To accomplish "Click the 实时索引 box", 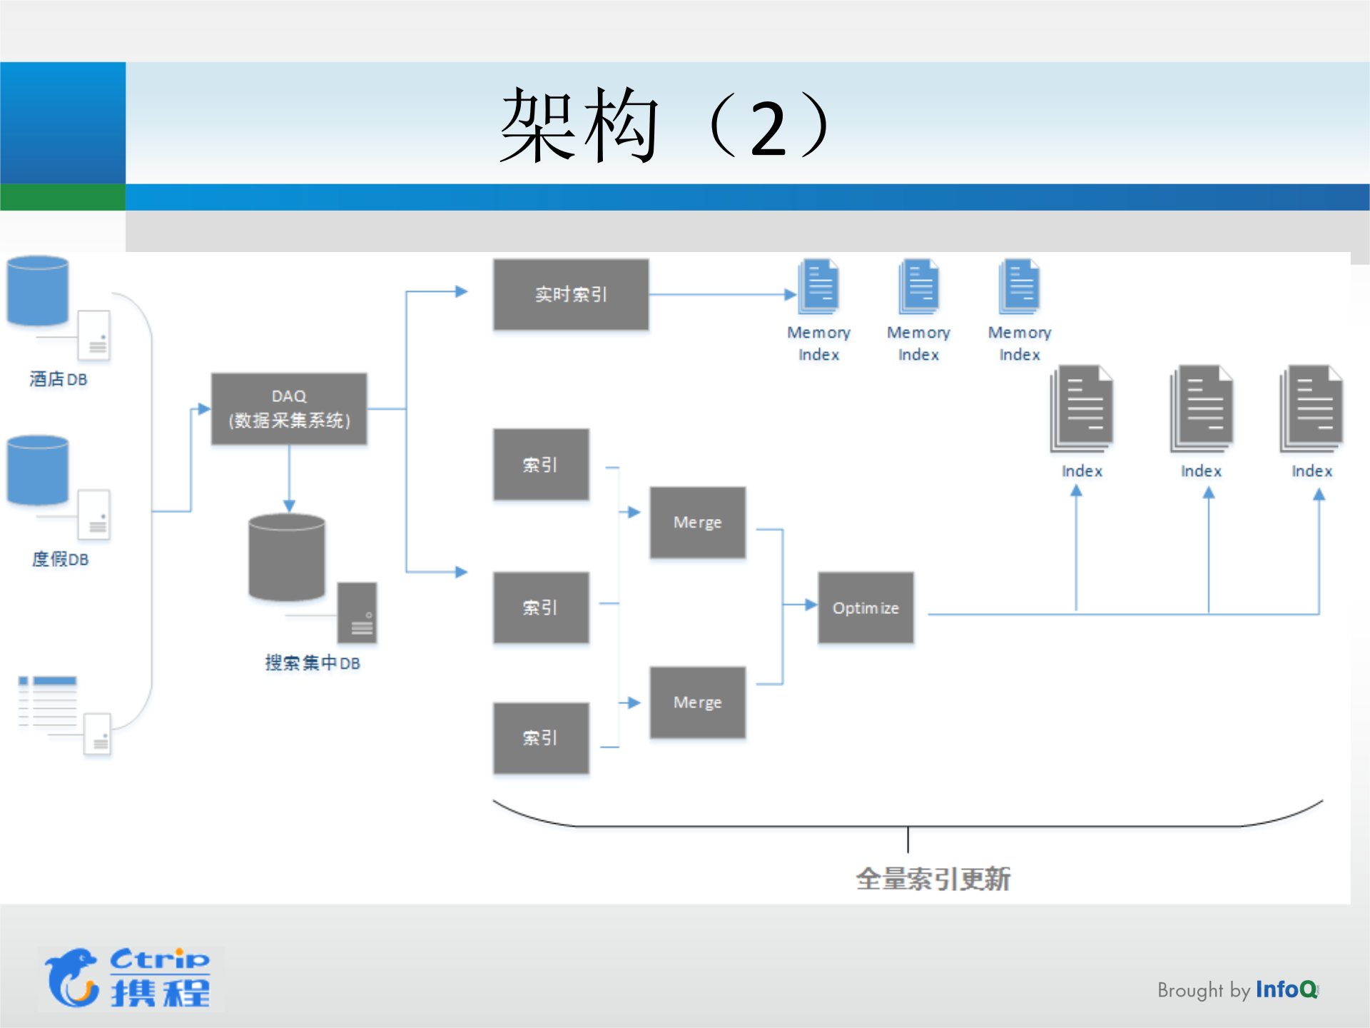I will (x=571, y=294).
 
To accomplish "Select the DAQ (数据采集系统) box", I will (x=289, y=408).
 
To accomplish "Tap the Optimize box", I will (x=866, y=608).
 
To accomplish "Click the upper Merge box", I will (x=697, y=522).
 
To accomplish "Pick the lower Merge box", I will (x=697, y=702).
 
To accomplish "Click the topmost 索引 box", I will (x=541, y=464).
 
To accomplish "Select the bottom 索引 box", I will (x=541, y=737).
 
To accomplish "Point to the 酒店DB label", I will (x=59, y=379).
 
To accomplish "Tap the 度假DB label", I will (x=60, y=559).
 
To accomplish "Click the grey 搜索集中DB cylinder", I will (x=287, y=557).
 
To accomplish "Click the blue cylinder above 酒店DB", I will (x=38, y=290).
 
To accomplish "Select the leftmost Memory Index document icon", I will (x=818, y=286).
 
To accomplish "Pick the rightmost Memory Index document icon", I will (x=1020, y=286).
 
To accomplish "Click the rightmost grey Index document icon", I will (x=1311, y=408).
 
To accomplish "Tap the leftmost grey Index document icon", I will (x=1082, y=408).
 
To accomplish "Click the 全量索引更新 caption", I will (x=933, y=879).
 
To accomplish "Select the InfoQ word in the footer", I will (x=1286, y=989).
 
